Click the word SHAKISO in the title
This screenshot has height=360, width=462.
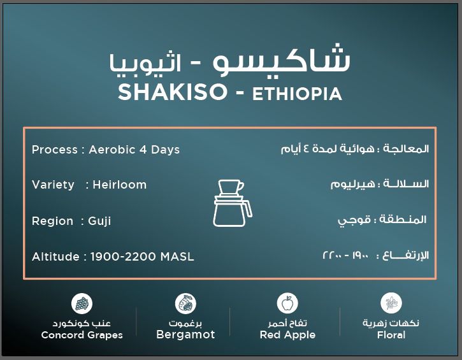173,92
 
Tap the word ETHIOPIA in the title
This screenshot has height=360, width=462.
297,94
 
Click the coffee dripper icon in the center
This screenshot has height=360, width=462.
231,203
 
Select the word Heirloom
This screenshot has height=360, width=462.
119,185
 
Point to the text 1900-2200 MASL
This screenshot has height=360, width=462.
142,257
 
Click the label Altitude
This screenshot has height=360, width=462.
55,257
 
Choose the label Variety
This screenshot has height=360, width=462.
53,185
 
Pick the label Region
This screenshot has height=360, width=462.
52,221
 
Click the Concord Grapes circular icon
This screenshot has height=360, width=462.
82,303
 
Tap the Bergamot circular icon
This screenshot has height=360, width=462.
185,303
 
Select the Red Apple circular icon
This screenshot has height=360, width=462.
287,303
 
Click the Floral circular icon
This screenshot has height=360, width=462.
391,303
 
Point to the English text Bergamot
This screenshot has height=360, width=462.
185,335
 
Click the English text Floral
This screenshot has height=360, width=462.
391,335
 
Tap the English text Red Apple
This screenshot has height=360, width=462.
287,335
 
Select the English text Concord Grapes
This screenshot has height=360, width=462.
82,335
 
